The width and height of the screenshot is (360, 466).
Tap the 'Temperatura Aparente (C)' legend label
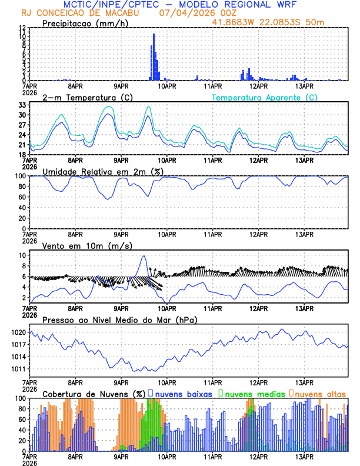pos(264,97)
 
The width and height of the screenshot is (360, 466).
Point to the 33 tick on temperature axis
pos(21,105)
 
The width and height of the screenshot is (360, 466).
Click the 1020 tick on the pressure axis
pos(18,332)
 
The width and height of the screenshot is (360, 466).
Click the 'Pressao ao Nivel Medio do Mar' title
pos(120,319)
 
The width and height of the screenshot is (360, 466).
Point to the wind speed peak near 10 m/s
pos(144,257)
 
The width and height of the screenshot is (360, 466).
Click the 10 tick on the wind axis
pos(21,255)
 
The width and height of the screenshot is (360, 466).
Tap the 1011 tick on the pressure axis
pos(18,369)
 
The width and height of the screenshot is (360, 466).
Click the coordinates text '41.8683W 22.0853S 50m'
pos(274,21)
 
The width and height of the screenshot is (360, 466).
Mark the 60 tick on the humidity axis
pos(21,197)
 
